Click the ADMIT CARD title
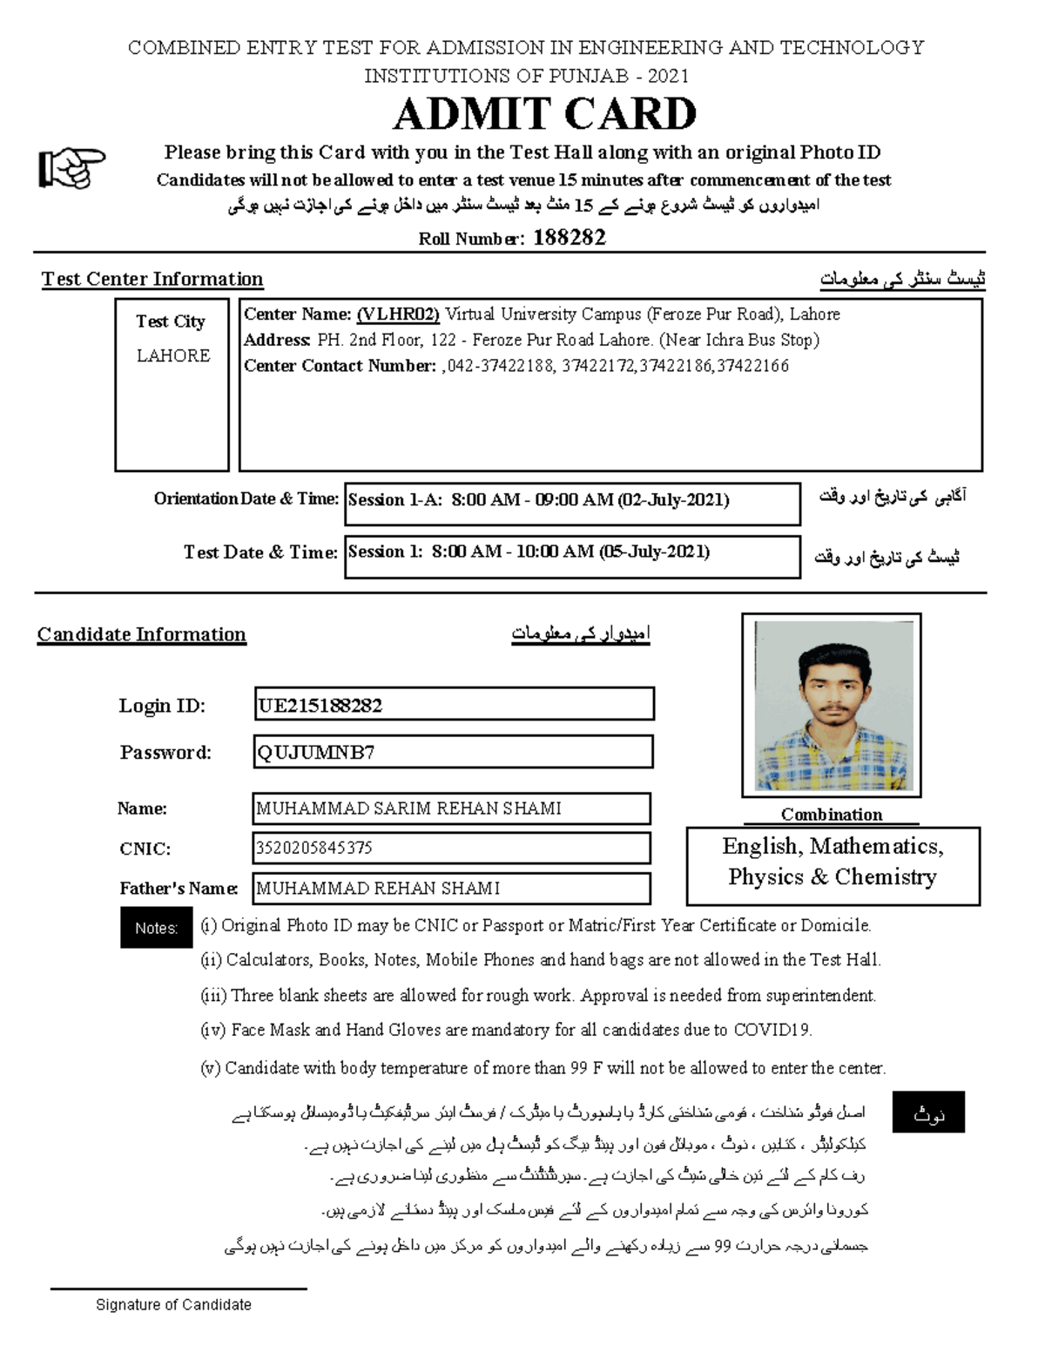pyautogui.click(x=545, y=114)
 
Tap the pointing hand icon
pyautogui.click(x=71, y=167)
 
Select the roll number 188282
pyautogui.click(x=569, y=238)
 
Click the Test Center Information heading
pyautogui.click(x=152, y=280)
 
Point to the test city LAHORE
pyautogui.click(x=173, y=355)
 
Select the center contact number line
pyautogui.click(x=516, y=366)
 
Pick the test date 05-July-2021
pyautogui.click(x=654, y=551)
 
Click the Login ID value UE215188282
pyautogui.click(x=320, y=706)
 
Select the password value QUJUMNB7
pyautogui.click(x=316, y=753)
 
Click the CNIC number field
pyautogui.click(x=451, y=848)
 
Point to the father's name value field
pyautogui.click(x=451, y=888)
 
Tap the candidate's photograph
pyautogui.click(x=832, y=706)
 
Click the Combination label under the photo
pyautogui.click(x=831, y=815)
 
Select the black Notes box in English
pyautogui.click(x=156, y=928)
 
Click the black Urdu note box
pyautogui.click(x=928, y=1113)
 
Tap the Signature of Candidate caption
pyautogui.click(x=173, y=1304)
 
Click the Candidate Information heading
pyautogui.click(x=142, y=634)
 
